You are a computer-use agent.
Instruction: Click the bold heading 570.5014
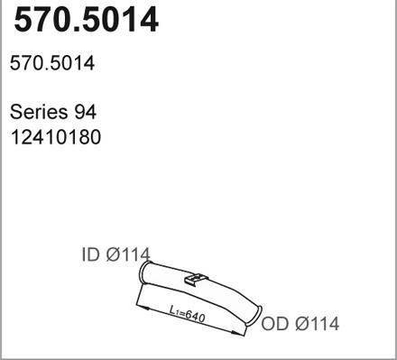pos(85,20)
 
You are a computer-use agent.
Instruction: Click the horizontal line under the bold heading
pos(198,42)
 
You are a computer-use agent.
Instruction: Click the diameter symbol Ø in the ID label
pos(114,256)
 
